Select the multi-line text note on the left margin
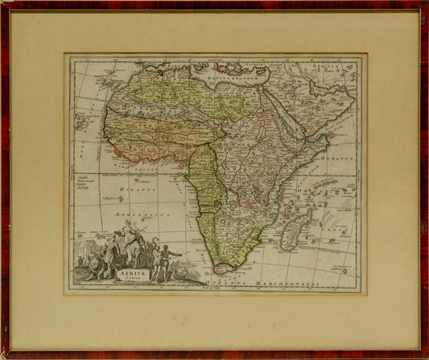[89, 182]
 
